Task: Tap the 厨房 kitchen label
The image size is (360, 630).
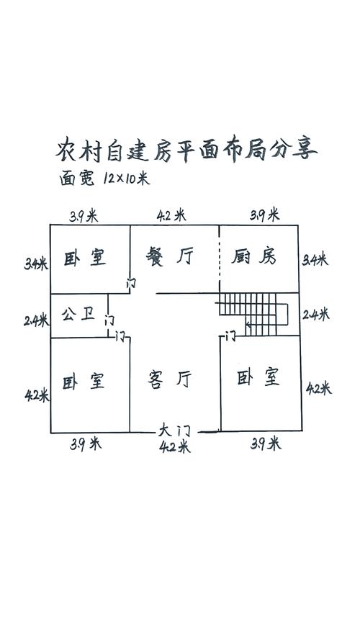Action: [x=253, y=256]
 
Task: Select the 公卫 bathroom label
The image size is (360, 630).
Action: [x=78, y=314]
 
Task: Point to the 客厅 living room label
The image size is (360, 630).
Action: [x=170, y=379]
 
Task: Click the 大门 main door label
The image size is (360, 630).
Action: [x=174, y=431]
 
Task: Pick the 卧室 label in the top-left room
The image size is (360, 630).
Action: [x=85, y=257]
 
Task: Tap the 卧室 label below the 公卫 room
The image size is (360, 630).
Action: [x=84, y=381]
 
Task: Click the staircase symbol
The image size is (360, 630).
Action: [x=253, y=314]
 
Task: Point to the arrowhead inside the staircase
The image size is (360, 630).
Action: [x=248, y=324]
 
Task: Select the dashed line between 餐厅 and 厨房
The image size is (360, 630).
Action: [x=220, y=258]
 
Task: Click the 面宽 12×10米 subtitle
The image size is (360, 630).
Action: [x=104, y=178]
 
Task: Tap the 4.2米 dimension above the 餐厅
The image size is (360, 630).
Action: [x=171, y=215]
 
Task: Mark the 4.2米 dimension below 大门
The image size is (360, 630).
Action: [x=175, y=446]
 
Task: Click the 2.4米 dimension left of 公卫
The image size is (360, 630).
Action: [x=36, y=320]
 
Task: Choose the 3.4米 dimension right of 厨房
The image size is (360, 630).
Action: [x=315, y=259]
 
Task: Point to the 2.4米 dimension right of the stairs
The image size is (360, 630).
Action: [x=315, y=314]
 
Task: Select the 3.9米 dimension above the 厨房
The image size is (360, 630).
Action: [x=265, y=215]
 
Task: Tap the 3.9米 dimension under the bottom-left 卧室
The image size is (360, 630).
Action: [x=85, y=444]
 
